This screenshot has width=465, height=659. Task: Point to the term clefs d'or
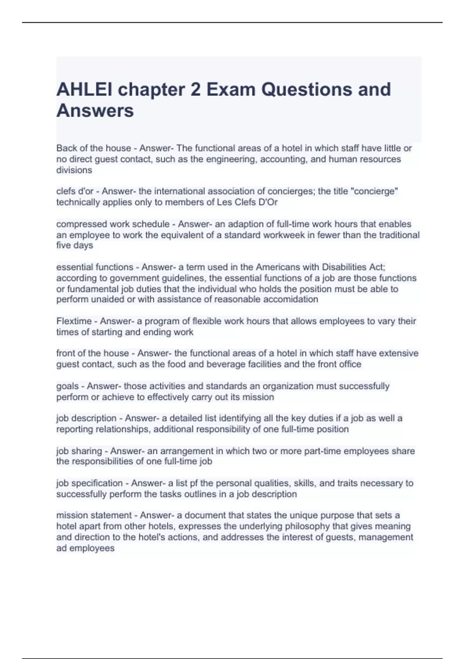point(75,191)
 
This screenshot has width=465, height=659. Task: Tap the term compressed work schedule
point(113,224)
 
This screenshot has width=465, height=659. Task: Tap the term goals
point(67,386)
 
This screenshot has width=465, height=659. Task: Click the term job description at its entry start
point(86,419)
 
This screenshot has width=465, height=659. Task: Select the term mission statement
point(94,516)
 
